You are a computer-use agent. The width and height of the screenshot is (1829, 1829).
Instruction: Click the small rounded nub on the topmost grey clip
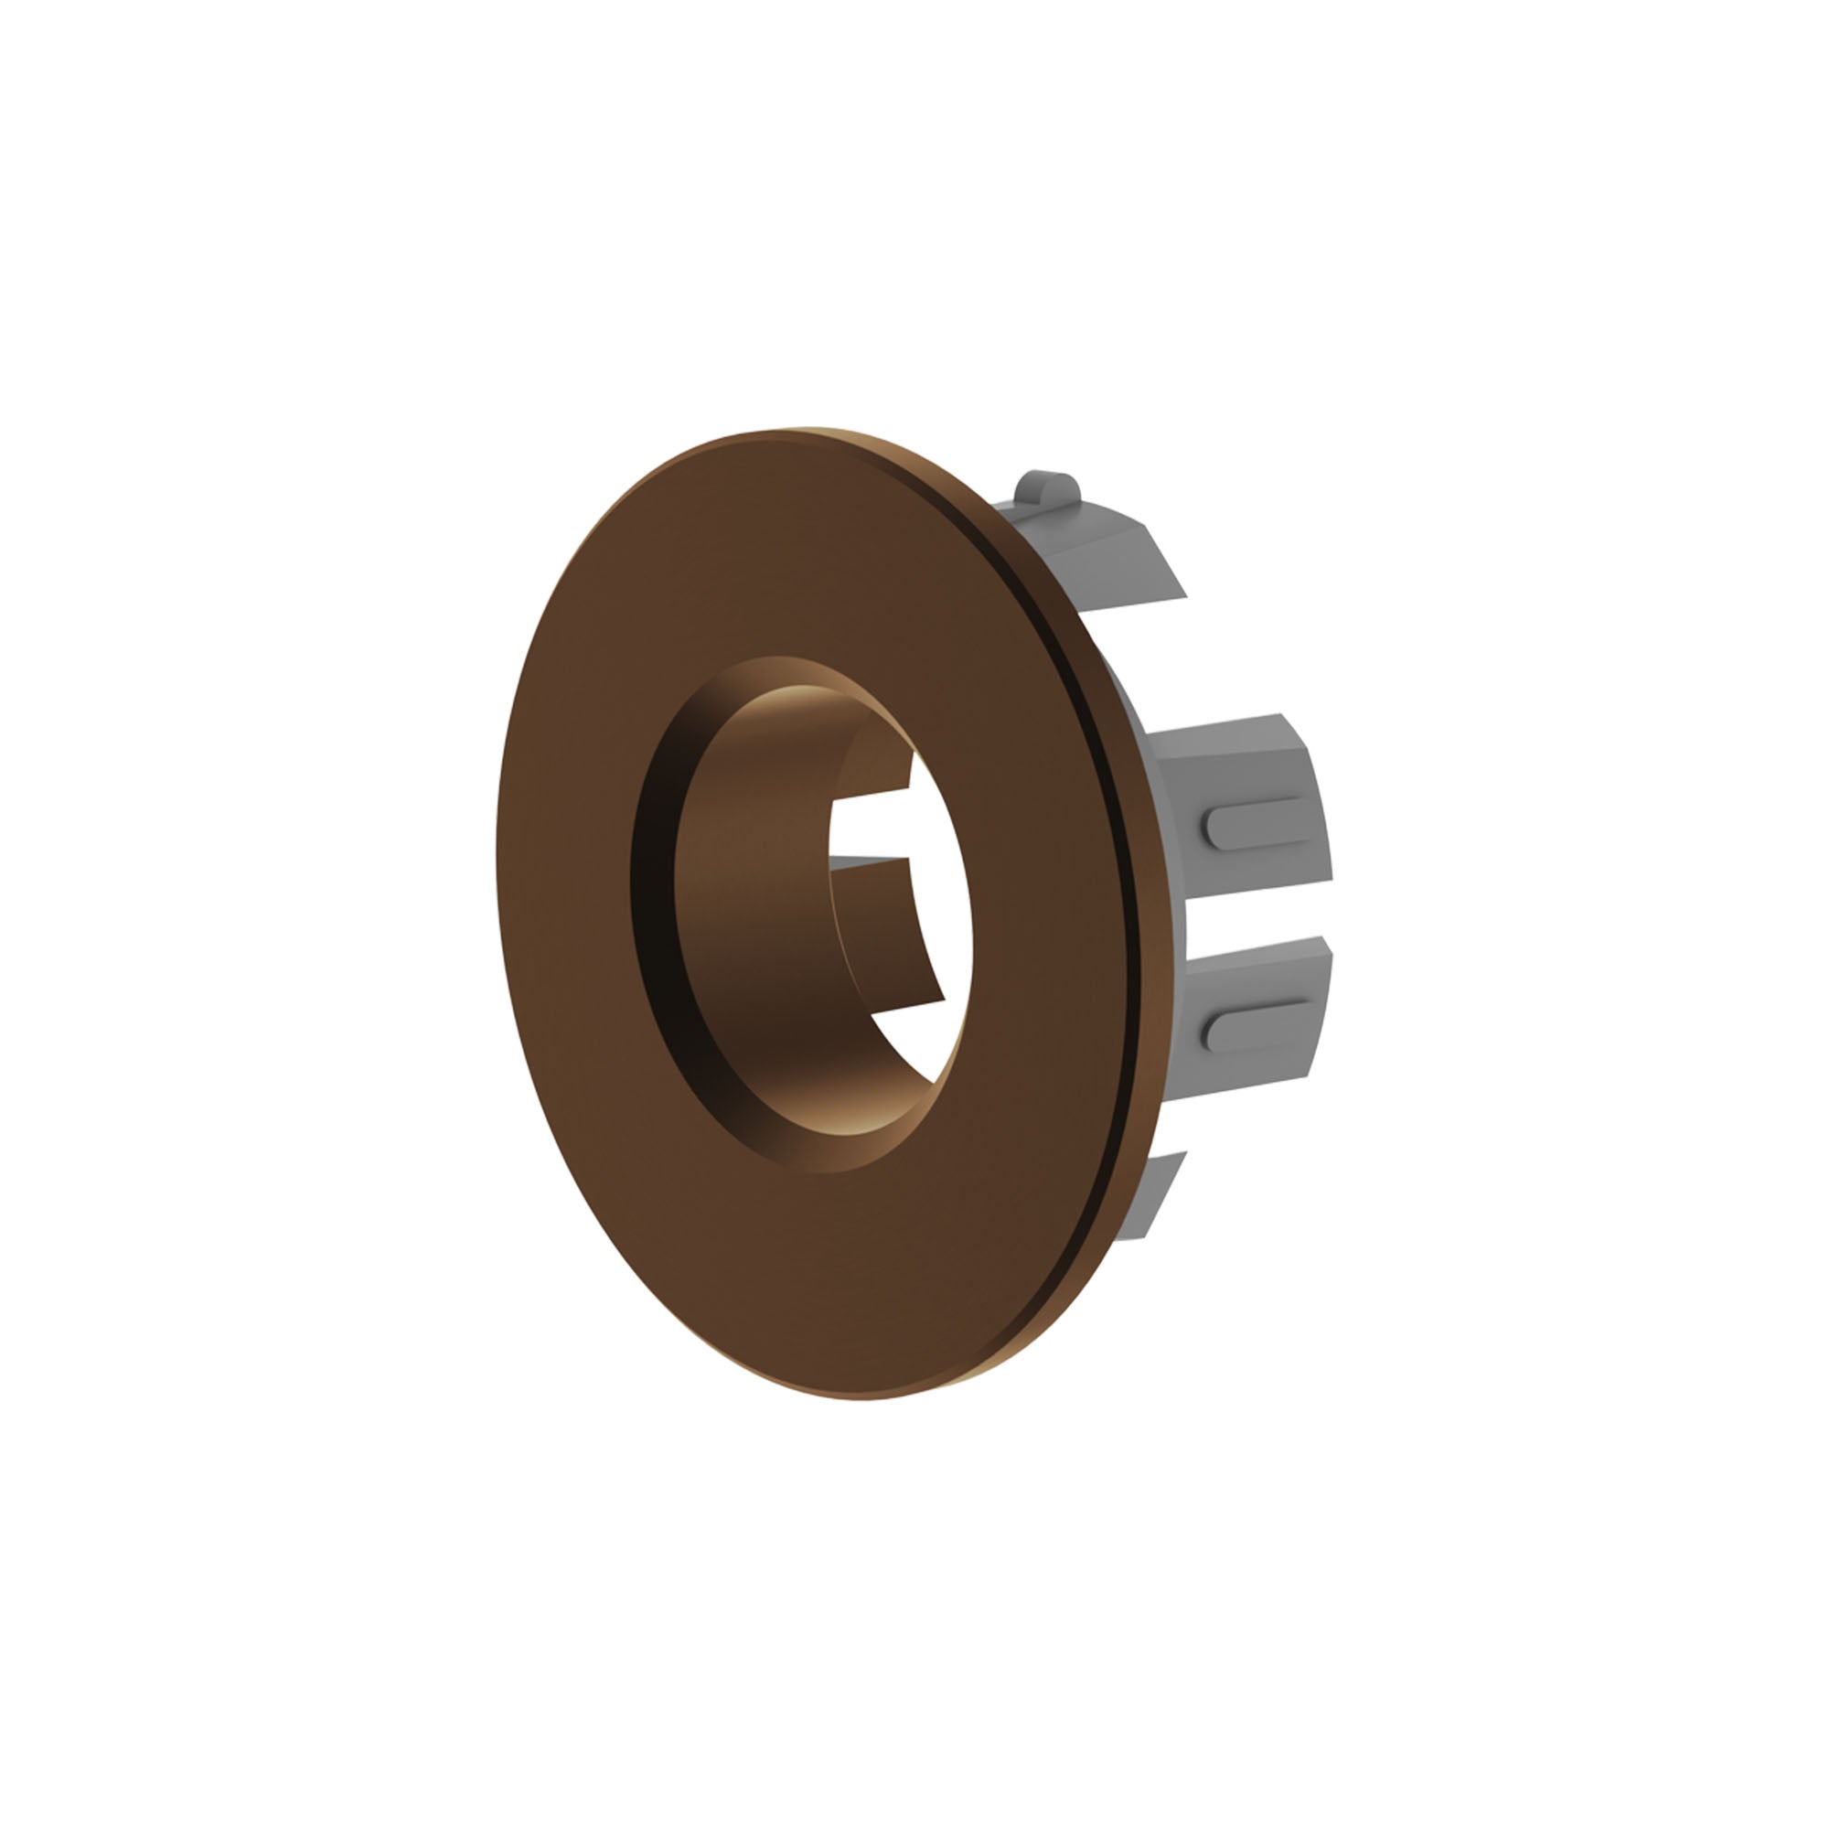click(x=1046, y=488)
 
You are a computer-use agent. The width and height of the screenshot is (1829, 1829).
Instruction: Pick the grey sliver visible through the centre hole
click(x=866, y=862)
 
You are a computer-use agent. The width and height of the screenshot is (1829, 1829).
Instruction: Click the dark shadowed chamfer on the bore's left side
click(x=653, y=899)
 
